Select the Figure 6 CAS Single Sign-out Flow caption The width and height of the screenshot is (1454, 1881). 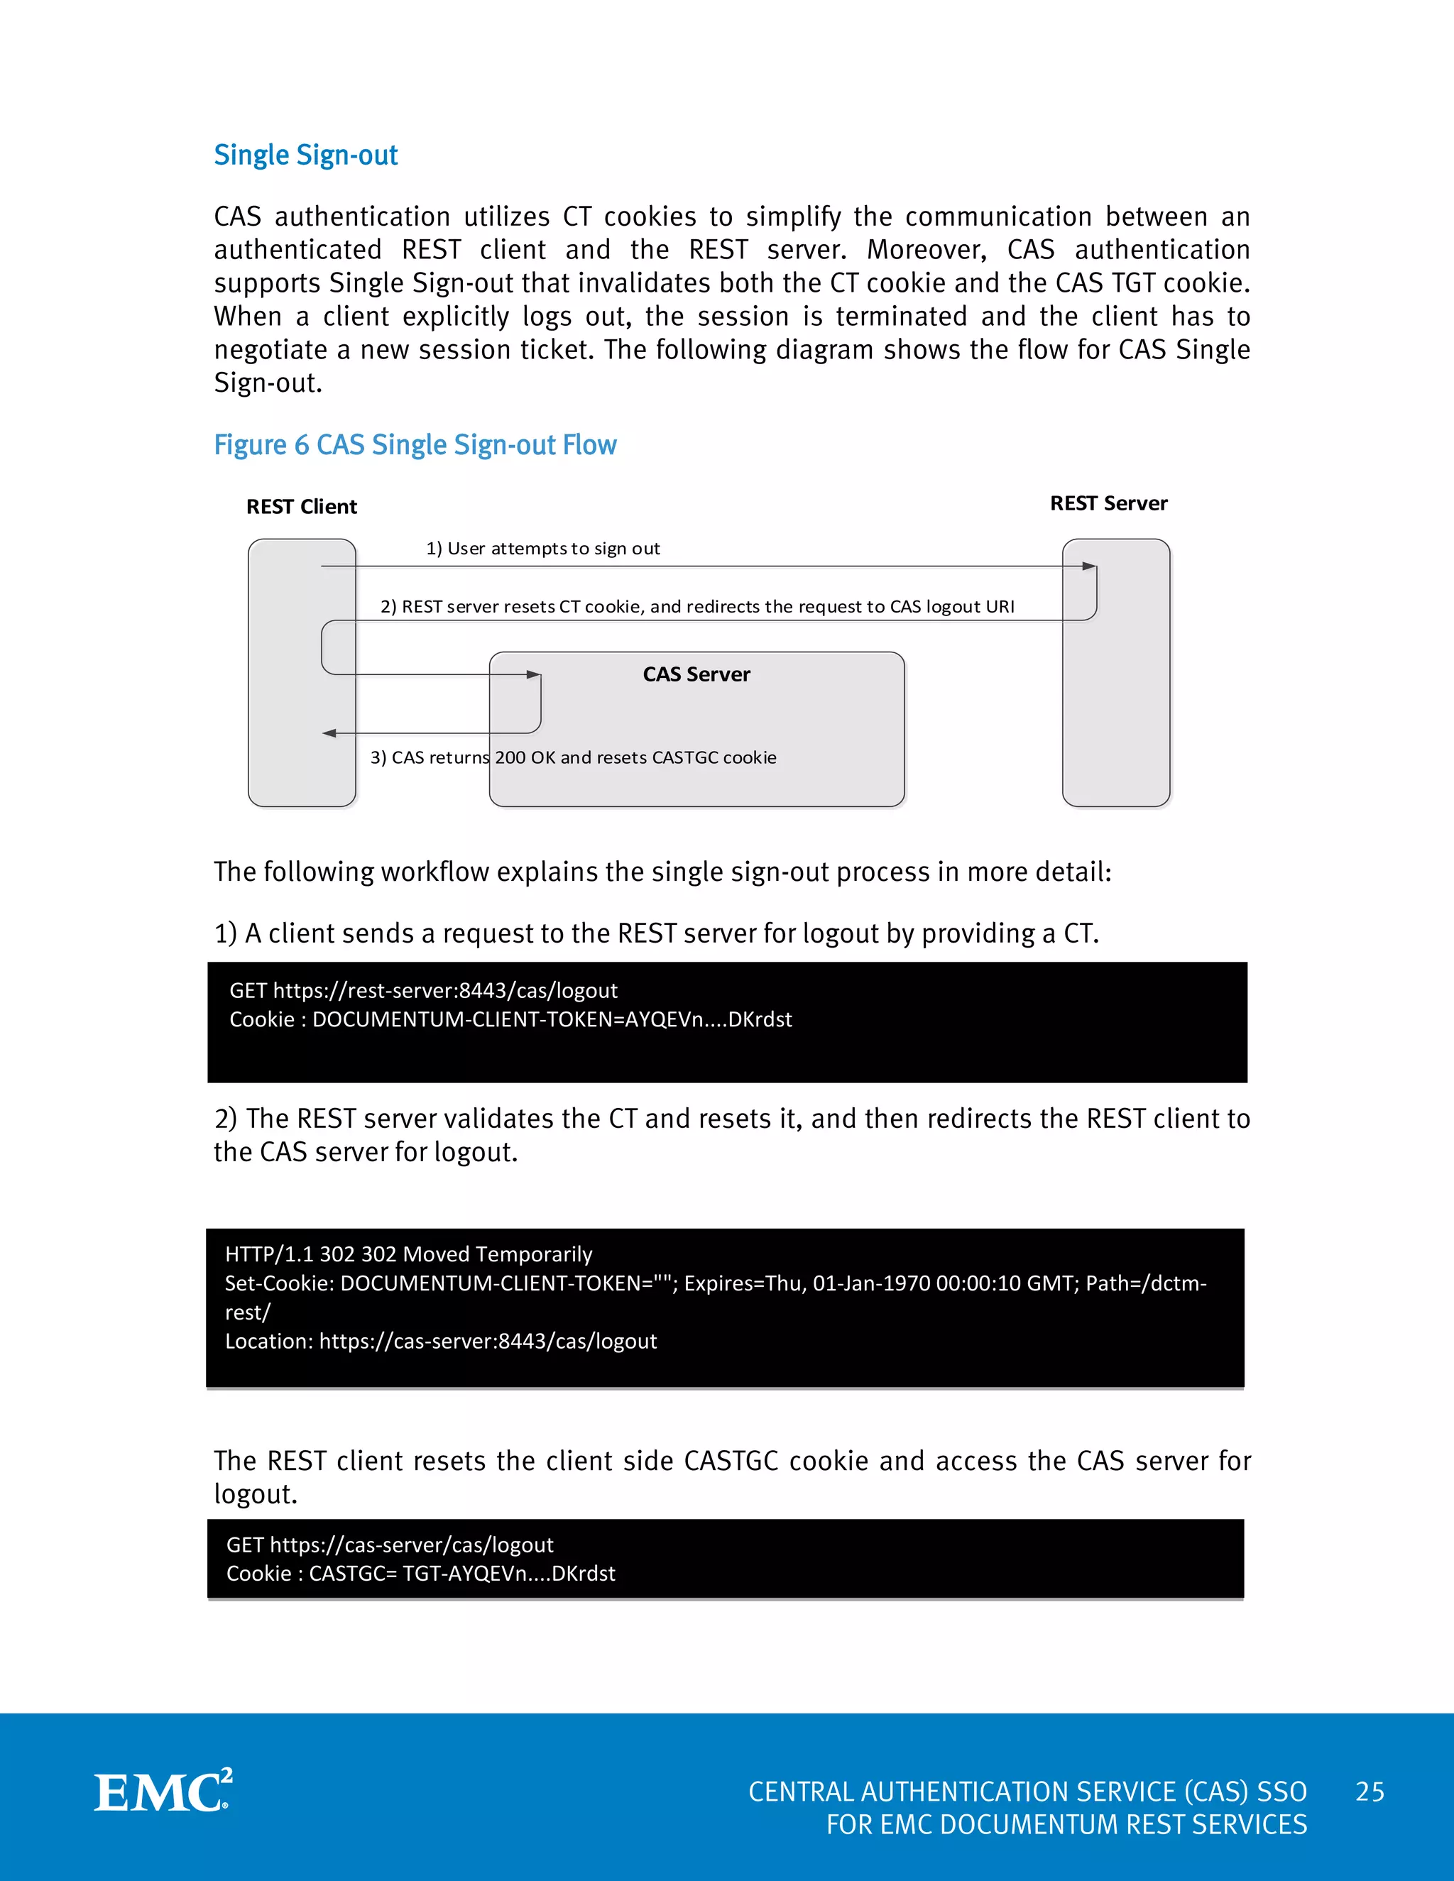click(415, 445)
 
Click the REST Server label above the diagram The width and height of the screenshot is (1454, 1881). click(1108, 503)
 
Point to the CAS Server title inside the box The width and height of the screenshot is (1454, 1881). click(696, 674)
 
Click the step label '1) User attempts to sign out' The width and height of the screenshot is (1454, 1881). click(542, 549)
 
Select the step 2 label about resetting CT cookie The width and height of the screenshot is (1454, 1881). click(697, 606)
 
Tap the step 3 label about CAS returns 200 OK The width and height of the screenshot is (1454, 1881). click(573, 757)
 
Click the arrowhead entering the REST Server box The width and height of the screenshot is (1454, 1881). click(1090, 566)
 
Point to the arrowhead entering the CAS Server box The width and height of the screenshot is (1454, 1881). click(534, 674)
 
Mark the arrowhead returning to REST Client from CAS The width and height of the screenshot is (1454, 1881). click(329, 733)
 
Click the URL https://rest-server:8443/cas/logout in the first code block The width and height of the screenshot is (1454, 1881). click(444, 990)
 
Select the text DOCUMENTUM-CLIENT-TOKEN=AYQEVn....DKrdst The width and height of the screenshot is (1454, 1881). click(551, 1020)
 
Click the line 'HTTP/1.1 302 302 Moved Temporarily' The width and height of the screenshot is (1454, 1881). click(408, 1254)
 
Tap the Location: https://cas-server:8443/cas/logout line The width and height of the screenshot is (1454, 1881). click(440, 1341)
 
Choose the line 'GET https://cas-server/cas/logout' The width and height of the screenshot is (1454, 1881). click(389, 1545)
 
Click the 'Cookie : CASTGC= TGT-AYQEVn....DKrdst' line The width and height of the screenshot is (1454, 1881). click(420, 1574)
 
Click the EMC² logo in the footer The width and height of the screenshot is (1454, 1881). click(163, 1792)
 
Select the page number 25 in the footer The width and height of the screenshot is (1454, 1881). click(1369, 1792)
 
